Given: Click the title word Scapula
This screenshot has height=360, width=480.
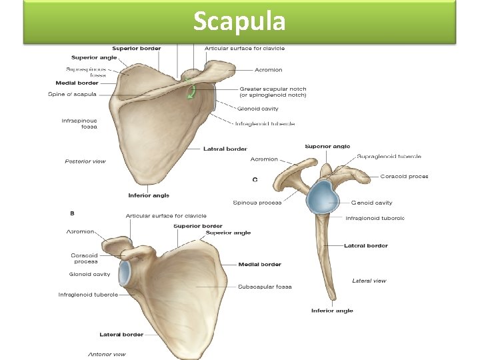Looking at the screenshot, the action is click(239, 21).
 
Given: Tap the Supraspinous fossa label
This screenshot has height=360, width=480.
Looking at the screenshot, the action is click(86, 72).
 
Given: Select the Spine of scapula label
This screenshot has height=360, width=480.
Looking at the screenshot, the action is click(71, 94).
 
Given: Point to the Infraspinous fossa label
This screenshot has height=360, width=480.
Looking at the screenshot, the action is click(79, 123).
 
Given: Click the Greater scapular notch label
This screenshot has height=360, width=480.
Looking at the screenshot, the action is click(273, 92).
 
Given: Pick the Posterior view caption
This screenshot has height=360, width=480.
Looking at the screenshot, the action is click(85, 161).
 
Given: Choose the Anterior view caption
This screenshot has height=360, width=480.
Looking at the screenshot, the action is click(107, 354).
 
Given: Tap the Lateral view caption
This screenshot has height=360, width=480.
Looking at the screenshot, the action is click(369, 281).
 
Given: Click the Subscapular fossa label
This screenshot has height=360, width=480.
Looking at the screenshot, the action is click(265, 287).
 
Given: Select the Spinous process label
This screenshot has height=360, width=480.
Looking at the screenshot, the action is click(257, 203).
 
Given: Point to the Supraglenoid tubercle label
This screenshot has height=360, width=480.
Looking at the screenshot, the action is click(389, 156).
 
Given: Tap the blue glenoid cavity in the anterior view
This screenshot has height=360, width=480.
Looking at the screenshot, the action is click(125, 273).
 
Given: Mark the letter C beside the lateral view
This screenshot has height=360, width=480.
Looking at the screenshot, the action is click(255, 179).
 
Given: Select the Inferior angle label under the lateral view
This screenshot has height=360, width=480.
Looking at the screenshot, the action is click(332, 311).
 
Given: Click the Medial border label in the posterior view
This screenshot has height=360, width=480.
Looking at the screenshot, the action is click(77, 83).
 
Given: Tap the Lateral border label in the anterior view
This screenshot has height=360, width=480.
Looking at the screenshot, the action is click(121, 334).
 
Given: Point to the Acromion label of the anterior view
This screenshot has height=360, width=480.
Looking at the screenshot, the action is click(80, 231).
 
